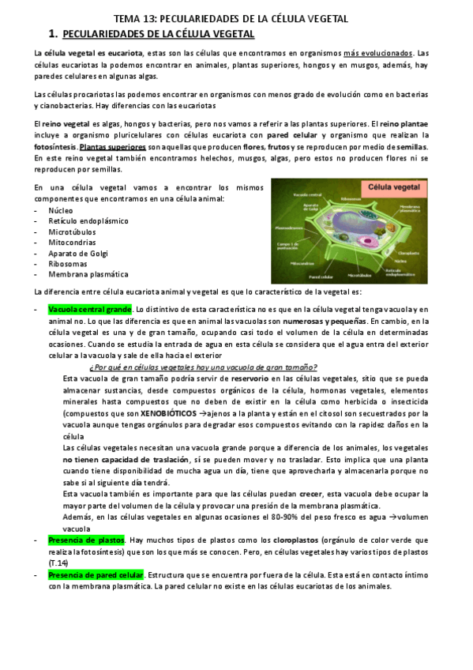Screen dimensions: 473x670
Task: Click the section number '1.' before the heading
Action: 53,33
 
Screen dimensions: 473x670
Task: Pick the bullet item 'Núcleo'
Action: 62,211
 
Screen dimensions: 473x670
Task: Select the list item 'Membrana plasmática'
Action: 88,274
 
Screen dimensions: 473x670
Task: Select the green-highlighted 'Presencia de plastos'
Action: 85,540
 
